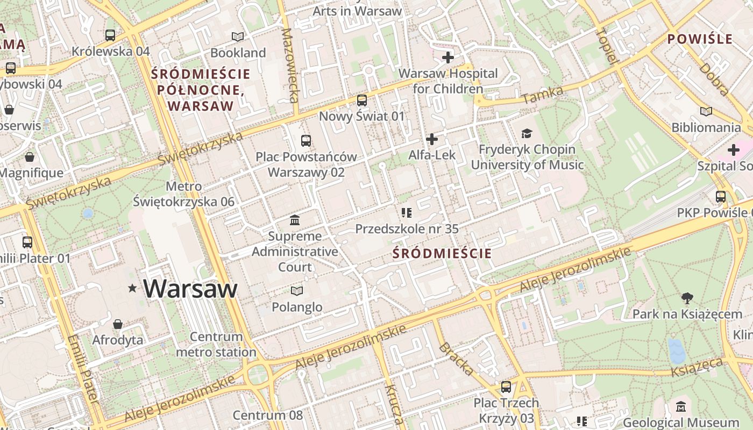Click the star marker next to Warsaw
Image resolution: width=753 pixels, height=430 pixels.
pyautogui.click(x=132, y=289)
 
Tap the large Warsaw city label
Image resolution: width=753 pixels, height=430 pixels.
pyautogui.click(x=190, y=289)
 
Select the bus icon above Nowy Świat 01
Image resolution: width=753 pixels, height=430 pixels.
pyautogui.click(x=362, y=101)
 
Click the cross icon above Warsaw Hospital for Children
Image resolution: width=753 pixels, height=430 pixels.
pyautogui.click(x=447, y=57)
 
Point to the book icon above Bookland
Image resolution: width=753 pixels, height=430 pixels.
pyautogui.click(x=238, y=37)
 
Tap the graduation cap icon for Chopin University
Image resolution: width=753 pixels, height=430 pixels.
pyautogui.click(x=527, y=133)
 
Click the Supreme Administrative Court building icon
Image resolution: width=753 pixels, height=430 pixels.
pyautogui.click(x=295, y=220)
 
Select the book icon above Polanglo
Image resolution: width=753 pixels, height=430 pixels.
pyautogui.click(x=297, y=291)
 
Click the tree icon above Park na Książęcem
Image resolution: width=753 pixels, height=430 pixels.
pyautogui.click(x=687, y=298)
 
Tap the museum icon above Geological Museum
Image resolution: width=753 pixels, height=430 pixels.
pyautogui.click(x=681, y=407)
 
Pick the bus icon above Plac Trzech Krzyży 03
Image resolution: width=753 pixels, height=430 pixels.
pyautogui.click(x=506, y=387)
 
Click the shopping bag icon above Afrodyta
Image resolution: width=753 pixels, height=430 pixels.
pyautogui.click(x=118, y=324)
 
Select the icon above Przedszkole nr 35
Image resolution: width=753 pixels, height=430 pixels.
pyautogui.click(x=407, y=213)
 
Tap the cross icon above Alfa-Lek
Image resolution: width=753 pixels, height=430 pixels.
pyautogui.click(x=431, y=139)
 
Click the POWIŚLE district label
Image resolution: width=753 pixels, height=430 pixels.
pyautogui.click(x=700, y=39)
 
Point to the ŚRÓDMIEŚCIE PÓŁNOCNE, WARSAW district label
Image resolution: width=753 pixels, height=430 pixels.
pyautogui.click(x=201, y=90)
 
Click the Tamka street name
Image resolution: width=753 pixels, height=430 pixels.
pyautogui.click(x=542, y=95)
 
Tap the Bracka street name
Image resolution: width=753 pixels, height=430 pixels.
pyautogui.click(x=457, y=359)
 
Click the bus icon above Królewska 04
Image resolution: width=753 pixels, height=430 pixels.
pyautogui.click(x=110, y=35)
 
